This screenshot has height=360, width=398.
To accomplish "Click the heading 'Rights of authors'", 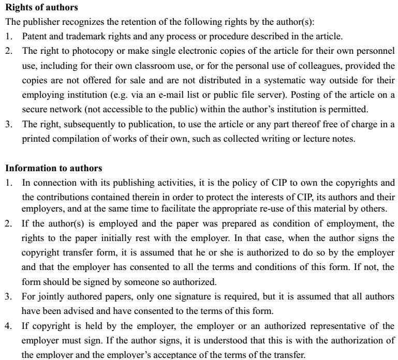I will [x=42, y=8].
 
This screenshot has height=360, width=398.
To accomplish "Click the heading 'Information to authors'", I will [x=54, y=168].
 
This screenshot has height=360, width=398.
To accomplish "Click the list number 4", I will [x=8, y=326].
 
